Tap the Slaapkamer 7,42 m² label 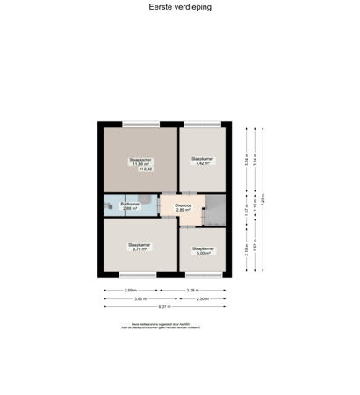[x=203, y=161]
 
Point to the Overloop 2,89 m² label [x=183, y=208]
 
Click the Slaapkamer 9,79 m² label [x=140, y=247]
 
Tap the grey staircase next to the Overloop [x=216, y=209]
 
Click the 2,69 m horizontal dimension [x=129, y=290]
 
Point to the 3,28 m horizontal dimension [x=192, y=290]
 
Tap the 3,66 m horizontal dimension [x=140, y=298]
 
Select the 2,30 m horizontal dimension [x=203, y=298]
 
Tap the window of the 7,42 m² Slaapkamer [x=204, y=122]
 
